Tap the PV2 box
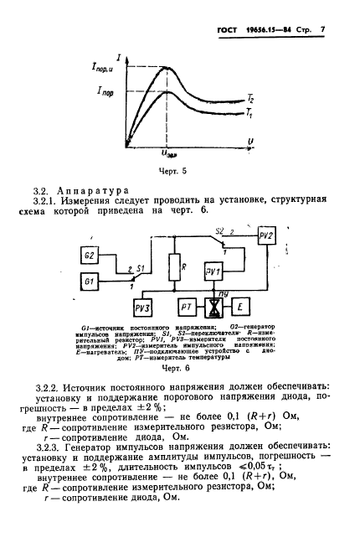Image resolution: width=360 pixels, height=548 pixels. [x=267, y=237]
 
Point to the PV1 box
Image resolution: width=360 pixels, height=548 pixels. [x=213, y=272]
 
